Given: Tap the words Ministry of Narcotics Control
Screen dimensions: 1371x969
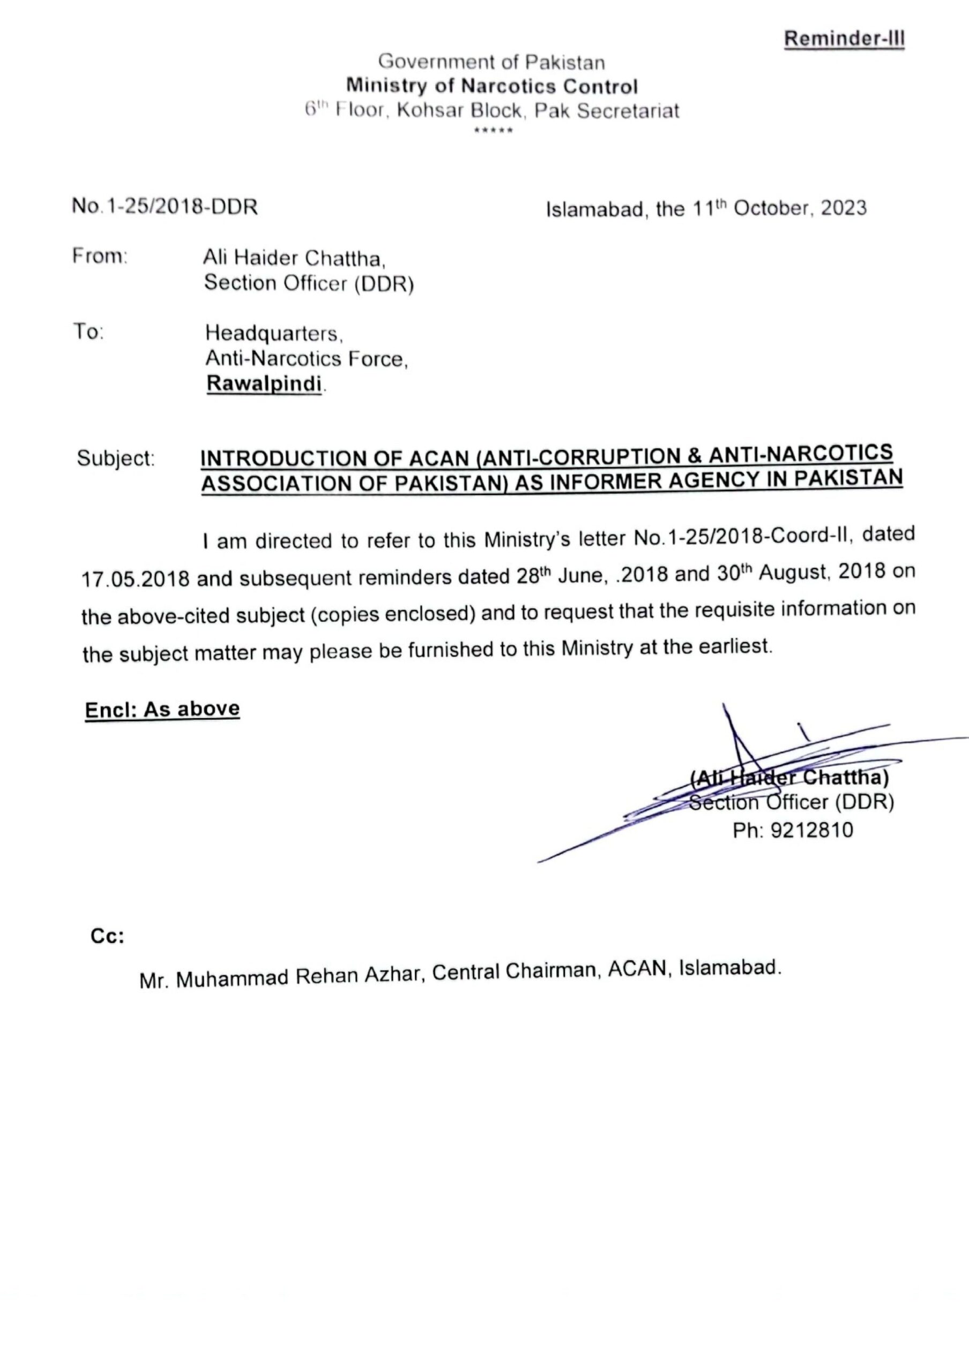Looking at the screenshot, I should [492, 87].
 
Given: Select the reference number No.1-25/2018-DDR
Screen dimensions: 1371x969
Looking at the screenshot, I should [165, 207].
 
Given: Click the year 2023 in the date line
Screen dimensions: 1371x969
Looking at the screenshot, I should [843, 207].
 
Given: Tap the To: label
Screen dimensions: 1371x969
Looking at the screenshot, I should [88, 332].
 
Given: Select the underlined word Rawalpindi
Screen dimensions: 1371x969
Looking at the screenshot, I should [264, 383].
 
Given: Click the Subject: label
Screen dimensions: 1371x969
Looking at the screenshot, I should [116, 458].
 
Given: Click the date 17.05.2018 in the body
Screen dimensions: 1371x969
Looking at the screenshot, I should [136, 578].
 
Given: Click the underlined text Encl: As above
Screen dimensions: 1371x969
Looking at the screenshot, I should [162, 710].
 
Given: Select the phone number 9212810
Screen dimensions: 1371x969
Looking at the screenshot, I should [812, 831].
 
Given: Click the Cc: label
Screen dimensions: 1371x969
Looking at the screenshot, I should [108, 936].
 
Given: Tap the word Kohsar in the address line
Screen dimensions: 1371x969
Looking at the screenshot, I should [431, 112].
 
